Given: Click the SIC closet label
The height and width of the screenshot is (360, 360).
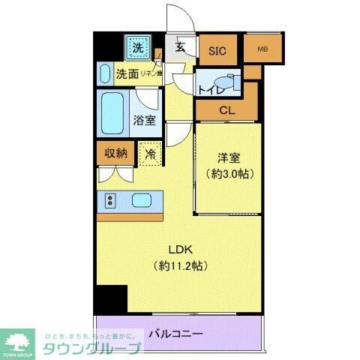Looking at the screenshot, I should click(217, 51).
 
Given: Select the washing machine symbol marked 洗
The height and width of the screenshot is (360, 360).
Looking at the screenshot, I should click(137, 49).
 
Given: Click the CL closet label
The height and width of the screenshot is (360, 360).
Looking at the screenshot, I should click(226, 110).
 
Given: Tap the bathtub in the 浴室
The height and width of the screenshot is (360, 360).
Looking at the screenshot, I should click(112, 111).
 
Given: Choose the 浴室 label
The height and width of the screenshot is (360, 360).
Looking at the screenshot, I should click(144, 118).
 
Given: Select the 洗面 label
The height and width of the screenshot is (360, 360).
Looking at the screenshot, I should click(127, 74).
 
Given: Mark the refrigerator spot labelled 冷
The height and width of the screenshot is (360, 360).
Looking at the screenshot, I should click(151, 154).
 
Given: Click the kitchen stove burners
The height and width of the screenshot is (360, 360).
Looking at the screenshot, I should click(110, 200).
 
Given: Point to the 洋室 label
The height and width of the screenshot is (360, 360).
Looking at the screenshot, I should click(229, 158).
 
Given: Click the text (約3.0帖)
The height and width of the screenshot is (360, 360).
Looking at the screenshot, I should click(229, 174).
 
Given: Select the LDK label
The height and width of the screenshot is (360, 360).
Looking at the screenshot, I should click(178, 250).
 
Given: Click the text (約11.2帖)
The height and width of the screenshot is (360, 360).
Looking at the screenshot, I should click(179, 265).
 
